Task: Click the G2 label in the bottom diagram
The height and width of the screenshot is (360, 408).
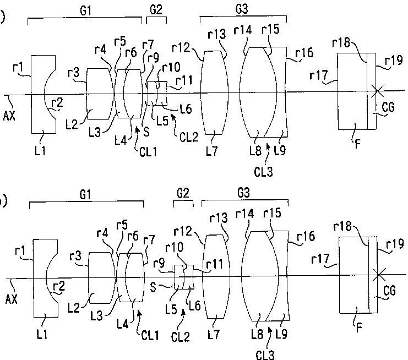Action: point(183,195)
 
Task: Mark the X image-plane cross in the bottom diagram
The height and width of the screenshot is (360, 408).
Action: point(378,273)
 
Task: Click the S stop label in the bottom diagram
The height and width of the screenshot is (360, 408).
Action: point(156,287)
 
